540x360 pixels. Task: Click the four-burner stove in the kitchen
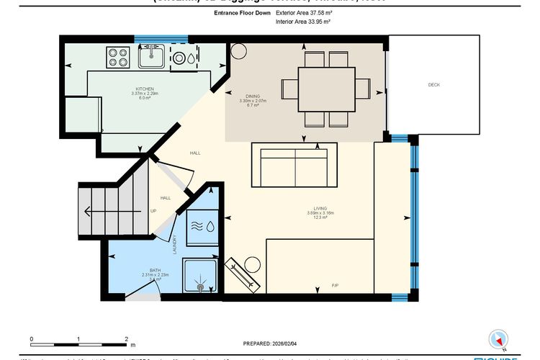click(x=117, y=57)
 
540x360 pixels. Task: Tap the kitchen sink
click(x=151, y=55)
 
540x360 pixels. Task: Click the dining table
click(x=326, y=89)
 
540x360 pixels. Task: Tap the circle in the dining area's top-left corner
click(x=239, y=52)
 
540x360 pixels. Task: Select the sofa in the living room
click(x=294, y=165)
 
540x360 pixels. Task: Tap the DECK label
click(x=433, y=85)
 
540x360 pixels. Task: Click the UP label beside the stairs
click(x=153, y=211)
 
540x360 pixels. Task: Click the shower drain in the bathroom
click(x=201, y=287)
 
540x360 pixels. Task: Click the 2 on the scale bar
click(x=126, y=338)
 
